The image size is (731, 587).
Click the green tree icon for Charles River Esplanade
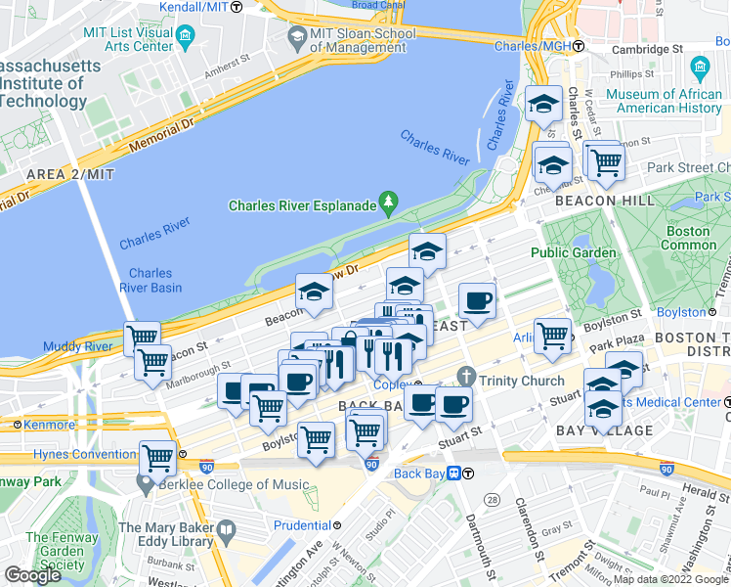click(x=390, y=202)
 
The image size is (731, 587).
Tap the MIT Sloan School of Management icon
click(x=297, y=37)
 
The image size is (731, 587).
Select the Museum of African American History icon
click(x=699, y=68)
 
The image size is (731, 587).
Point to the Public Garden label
click(x=574, y=252)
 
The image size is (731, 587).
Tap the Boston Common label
click(x=689, y=238)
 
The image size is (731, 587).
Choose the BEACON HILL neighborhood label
click(x=600, y=201)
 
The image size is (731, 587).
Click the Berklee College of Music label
click(x=240, y=484)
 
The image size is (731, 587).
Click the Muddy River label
click(x=77, y=346)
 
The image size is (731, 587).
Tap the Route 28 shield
click(x=493, y=500)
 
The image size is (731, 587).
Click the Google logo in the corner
click(x=33, y=575)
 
